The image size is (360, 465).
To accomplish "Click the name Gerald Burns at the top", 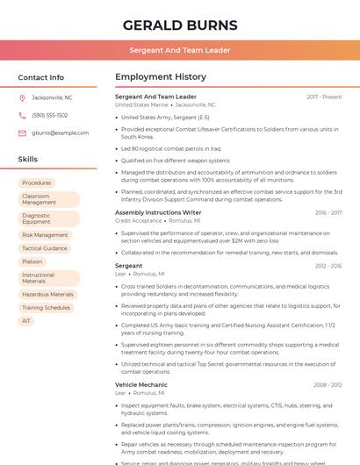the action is click(179, 25).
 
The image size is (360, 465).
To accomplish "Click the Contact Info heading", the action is click(40, 77).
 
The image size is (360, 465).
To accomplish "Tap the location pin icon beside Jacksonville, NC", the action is click(22, 97).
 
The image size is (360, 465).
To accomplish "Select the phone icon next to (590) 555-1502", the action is click(22, 115).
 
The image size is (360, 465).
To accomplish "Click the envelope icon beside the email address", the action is click(22, 132).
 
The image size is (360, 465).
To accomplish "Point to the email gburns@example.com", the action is click(61, 132).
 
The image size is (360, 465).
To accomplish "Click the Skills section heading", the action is click(28, 160).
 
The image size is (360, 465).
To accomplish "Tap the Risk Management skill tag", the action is click(45, 235).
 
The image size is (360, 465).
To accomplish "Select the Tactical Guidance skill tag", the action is click(45, 248).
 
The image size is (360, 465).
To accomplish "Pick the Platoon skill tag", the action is click(32, 261).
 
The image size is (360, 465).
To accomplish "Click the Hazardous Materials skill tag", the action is click(47, 295).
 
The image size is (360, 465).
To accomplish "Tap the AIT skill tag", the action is click(26, 321).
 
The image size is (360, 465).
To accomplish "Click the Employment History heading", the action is click(161, 77).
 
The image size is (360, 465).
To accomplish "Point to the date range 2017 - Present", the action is click(324, 97).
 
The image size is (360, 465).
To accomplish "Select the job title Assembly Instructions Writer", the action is click(158, 212).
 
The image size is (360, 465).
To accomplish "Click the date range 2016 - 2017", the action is click(328, 212).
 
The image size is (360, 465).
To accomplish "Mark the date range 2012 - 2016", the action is click(328, 265).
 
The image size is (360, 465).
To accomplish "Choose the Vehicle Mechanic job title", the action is click(141, 384).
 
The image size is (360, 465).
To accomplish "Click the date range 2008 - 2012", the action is click(328, 384).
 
